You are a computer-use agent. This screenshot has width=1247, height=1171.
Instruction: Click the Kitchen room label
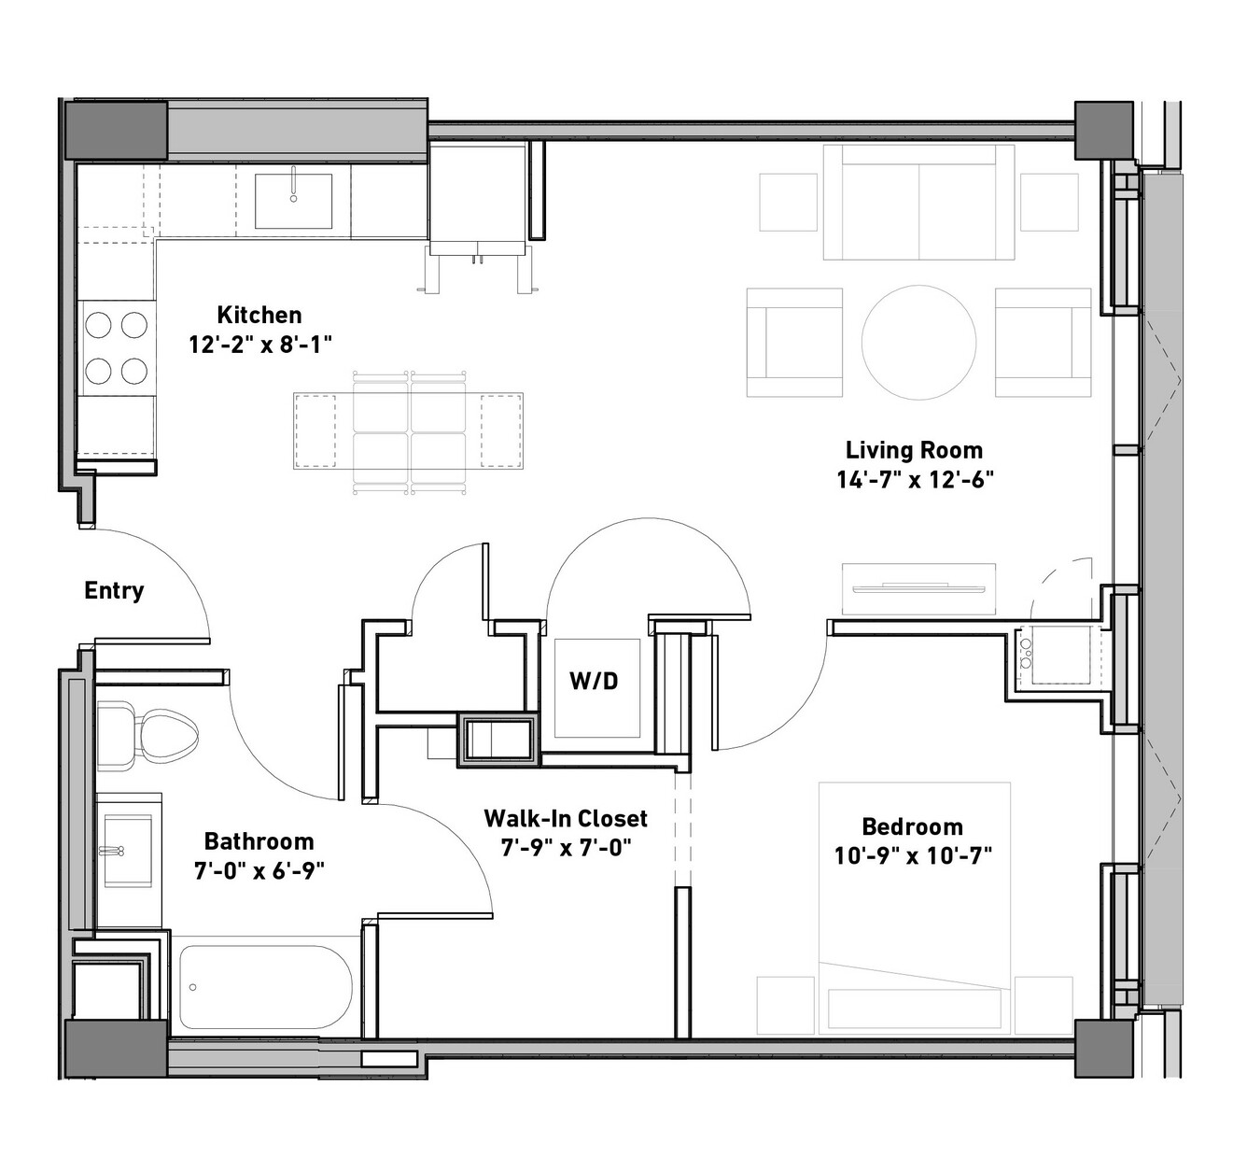point(259,315)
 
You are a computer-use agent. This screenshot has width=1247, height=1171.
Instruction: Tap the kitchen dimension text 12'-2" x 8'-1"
point(260,345)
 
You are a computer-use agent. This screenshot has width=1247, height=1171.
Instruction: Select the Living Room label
point(914,450)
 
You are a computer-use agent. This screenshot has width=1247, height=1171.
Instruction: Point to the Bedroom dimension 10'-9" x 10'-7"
point(913,855)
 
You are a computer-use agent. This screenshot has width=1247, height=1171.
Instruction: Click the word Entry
point(114,590)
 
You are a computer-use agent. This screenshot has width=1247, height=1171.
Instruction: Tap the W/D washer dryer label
point(594,681)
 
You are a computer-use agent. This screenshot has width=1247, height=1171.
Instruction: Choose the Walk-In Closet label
point(566,819)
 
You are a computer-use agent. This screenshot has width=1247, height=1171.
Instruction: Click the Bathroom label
point(259,841)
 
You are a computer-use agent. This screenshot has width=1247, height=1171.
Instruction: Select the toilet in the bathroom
point(147,736)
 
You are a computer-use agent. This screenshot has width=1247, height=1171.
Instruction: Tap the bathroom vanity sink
point(128,852)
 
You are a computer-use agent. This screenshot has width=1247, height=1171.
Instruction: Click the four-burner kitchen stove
point(117,348)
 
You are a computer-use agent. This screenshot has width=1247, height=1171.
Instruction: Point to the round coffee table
point(918,343)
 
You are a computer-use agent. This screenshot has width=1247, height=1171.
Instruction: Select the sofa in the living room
point(918,203)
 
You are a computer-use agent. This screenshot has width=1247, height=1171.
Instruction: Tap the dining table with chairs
point(409,431)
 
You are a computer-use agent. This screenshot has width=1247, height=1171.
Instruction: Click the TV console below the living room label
point(918,588)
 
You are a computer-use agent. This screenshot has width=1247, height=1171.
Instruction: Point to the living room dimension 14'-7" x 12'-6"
point(916,480)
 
